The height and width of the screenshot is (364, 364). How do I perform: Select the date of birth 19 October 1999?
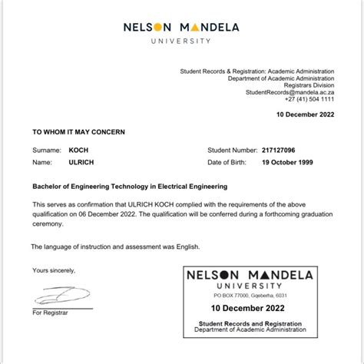click(x=296, y=163)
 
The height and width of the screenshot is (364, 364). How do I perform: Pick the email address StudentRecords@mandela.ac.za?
click(x=290, y=92)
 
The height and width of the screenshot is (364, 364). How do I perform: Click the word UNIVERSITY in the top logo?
click(x=181, y=40)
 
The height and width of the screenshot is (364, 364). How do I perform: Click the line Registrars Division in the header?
click(x=307, y=85)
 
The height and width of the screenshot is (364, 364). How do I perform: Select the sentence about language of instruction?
click(x=114, y=246)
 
